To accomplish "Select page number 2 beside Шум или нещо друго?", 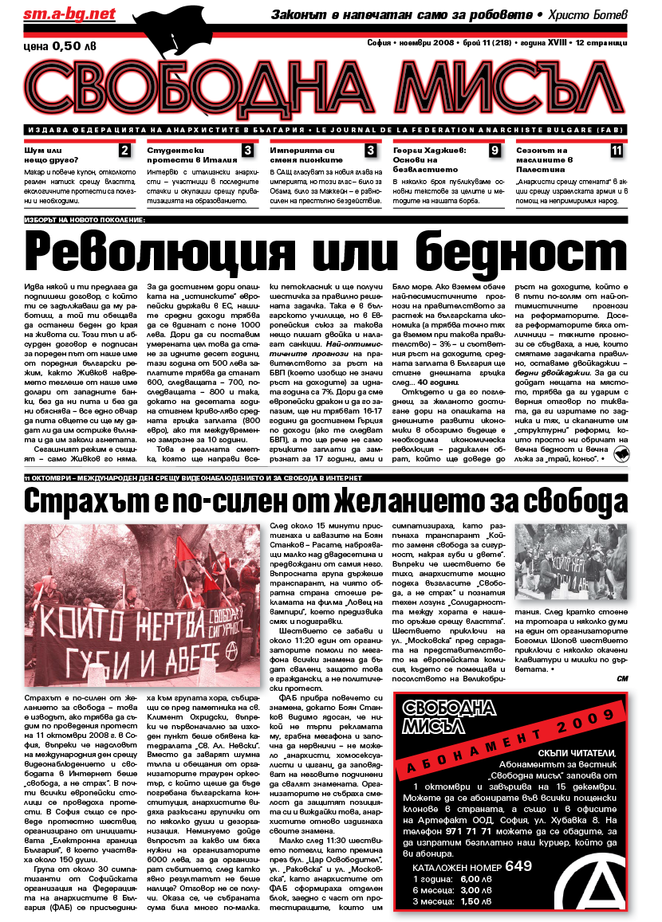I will click(x=124, y=150).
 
